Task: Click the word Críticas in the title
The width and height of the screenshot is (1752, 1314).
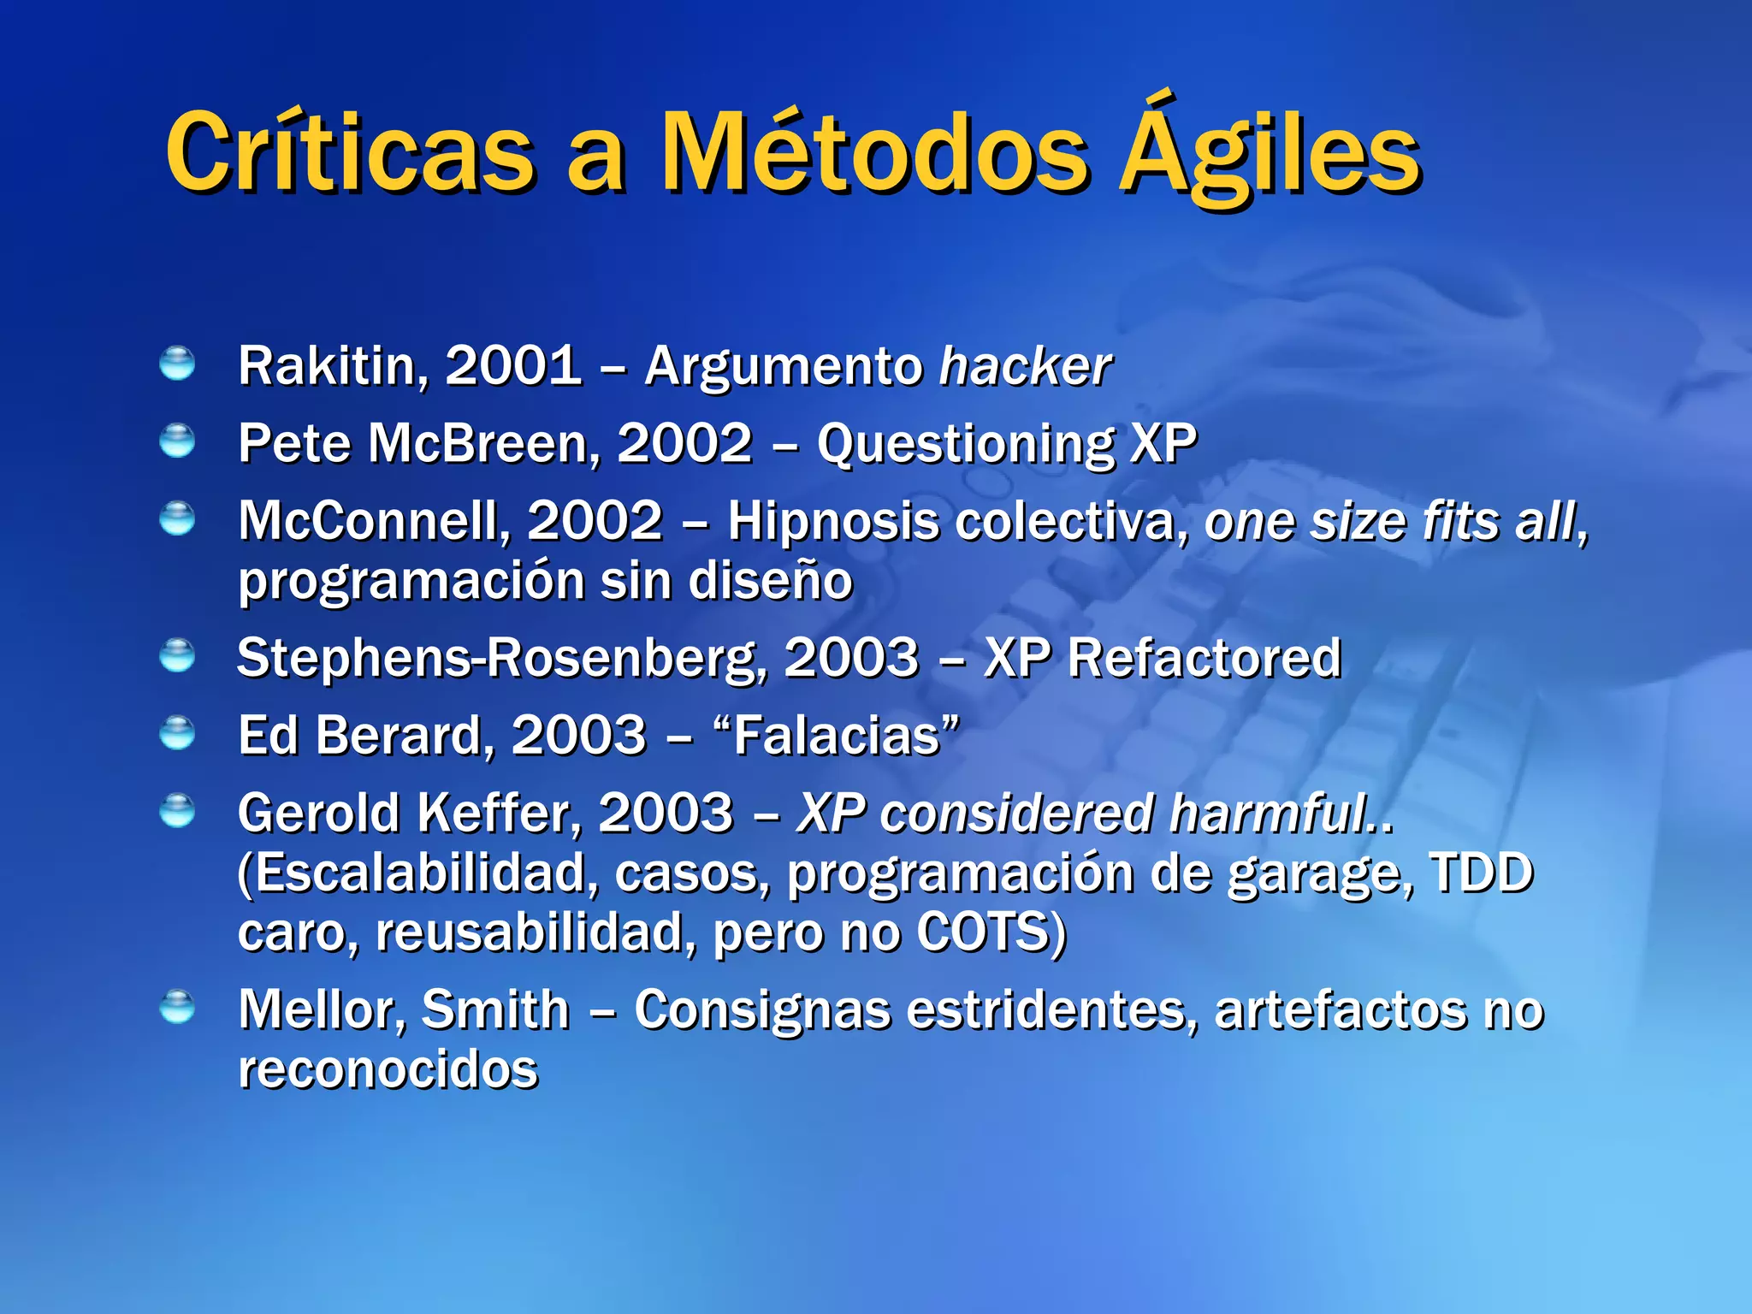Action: pos(351,155)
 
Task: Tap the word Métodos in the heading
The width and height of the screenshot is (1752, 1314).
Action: pos(873,155)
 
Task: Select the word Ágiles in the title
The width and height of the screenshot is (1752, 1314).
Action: pos(1270,155)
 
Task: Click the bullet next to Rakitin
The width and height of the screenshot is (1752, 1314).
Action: pos(177,364)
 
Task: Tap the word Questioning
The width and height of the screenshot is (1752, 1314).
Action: pos(965,444)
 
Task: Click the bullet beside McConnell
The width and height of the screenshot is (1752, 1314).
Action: pos(177,518)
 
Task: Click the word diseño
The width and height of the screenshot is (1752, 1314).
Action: pos(770,581)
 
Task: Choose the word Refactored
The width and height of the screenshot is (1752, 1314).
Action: pos(1204,658)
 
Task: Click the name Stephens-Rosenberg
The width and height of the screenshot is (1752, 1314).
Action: pos(501,658)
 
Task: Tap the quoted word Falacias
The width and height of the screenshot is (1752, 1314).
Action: pos(837,736)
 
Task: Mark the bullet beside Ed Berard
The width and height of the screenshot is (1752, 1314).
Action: pos(177,733)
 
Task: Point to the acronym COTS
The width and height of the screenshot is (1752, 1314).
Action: pos(983,932)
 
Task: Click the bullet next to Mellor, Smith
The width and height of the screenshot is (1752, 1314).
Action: pos(177,1007)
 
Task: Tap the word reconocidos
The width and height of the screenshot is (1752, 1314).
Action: pos(388,1069)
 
